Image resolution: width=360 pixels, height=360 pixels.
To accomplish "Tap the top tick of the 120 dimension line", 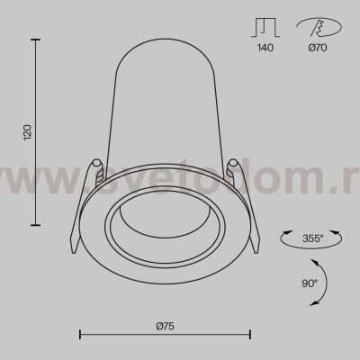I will pyautogui.click(x=35, y=40).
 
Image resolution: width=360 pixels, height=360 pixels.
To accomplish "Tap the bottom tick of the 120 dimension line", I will pyautogui.click(x=35, y=224).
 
